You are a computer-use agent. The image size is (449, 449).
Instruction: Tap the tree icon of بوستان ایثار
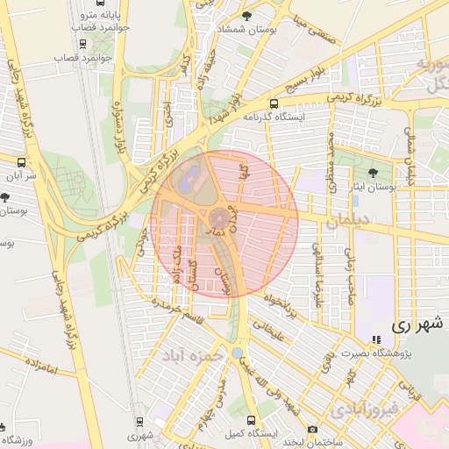[x=374, y=173]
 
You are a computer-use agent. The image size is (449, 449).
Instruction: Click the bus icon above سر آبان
[x=22, y=162]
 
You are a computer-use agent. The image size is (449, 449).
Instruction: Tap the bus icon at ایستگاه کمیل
[x=253, y=420]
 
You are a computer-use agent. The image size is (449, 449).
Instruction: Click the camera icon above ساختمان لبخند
[x=313, y=430]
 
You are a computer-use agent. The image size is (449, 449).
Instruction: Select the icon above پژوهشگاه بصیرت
[x=376, y=340]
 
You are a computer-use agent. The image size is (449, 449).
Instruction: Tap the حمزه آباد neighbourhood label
[x=188, y=354]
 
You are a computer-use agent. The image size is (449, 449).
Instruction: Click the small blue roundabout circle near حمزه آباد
[x=238, y=353]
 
